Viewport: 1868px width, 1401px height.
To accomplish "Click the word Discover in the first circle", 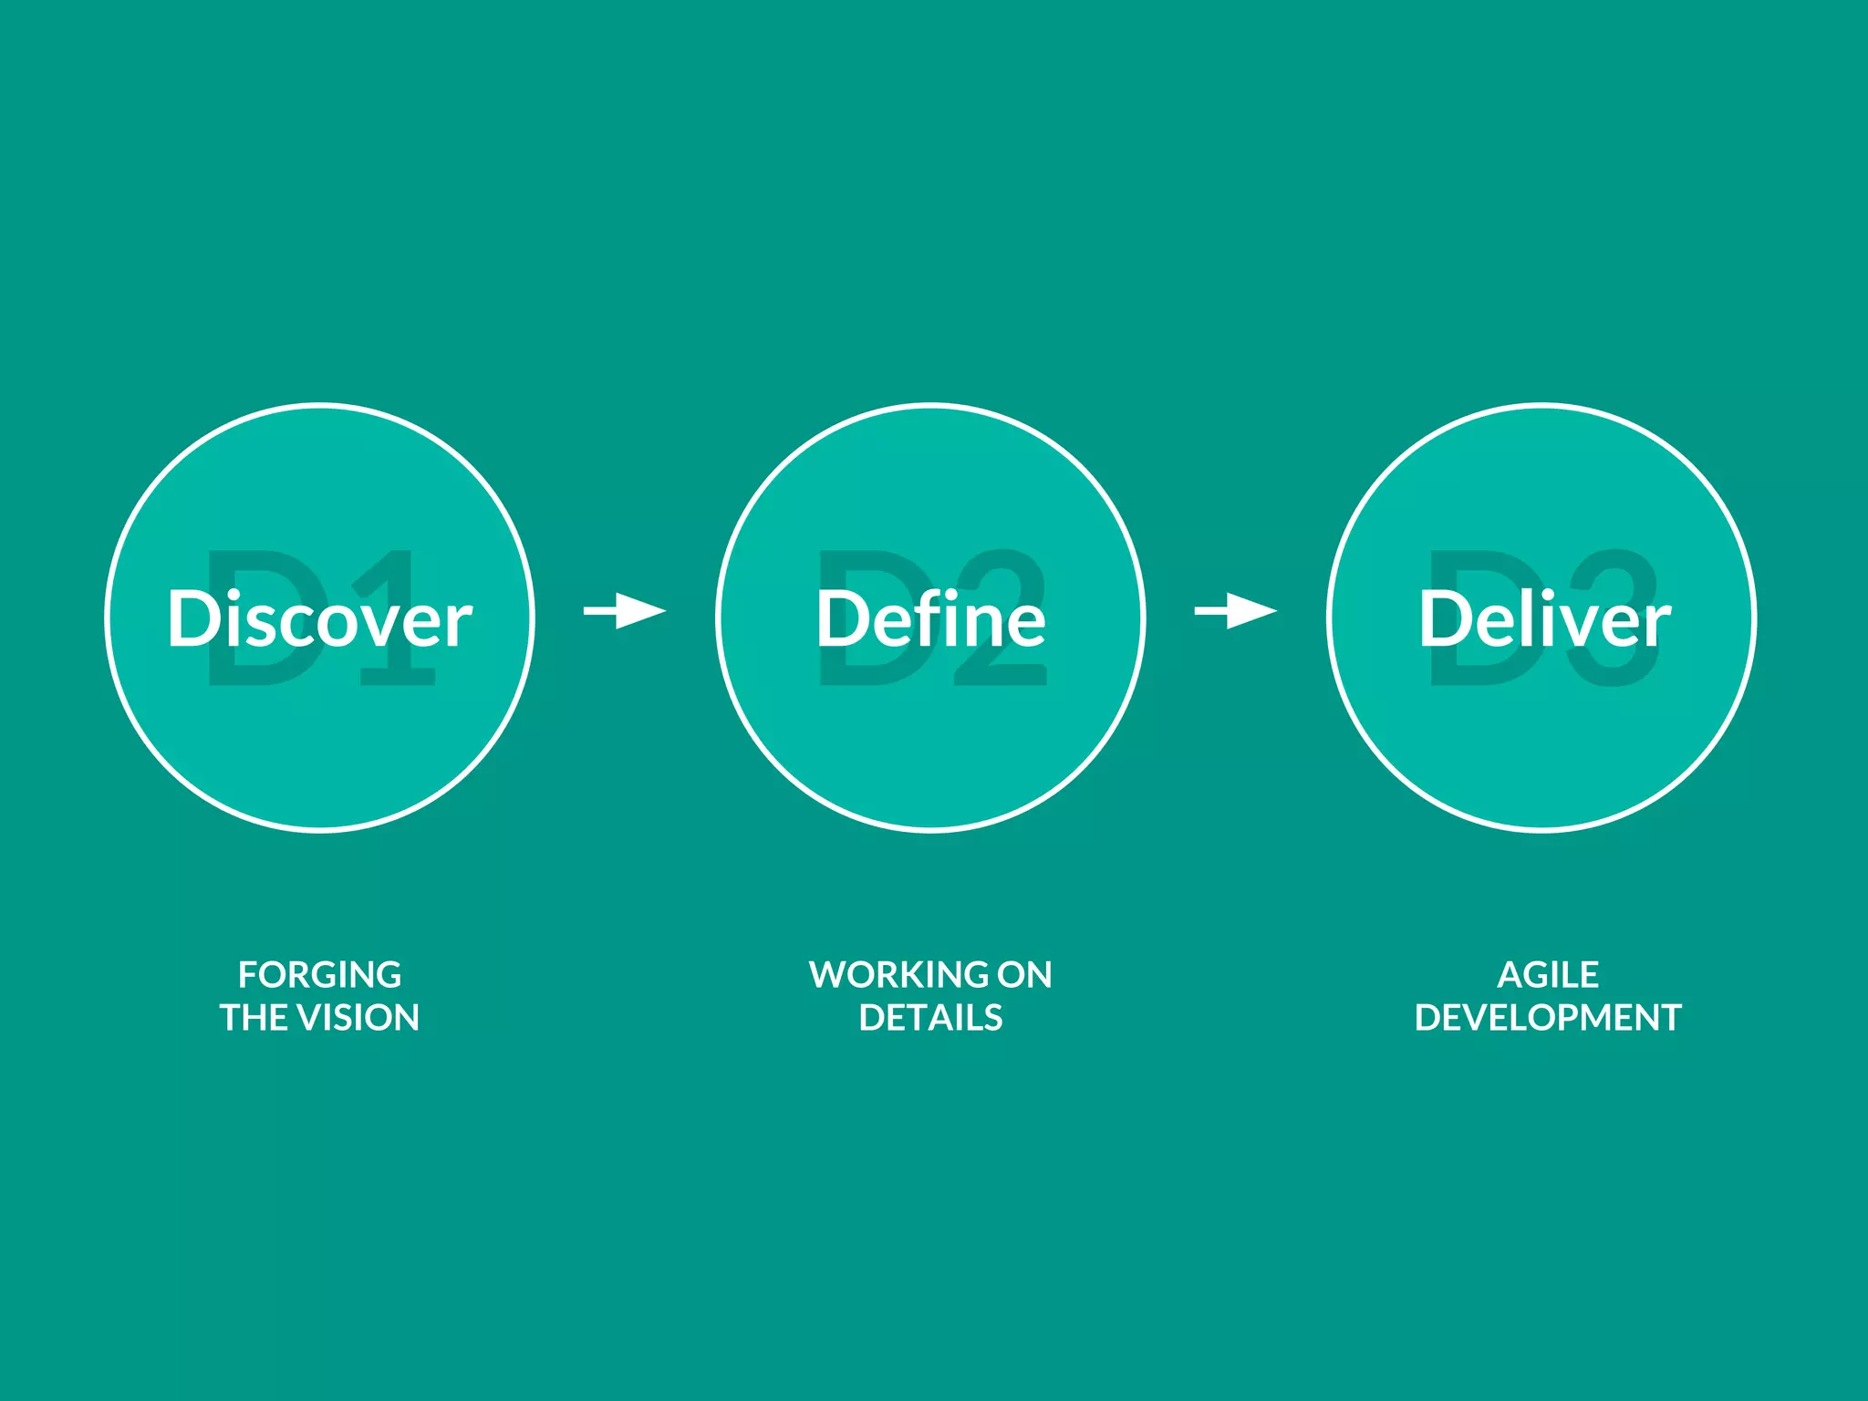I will [x=319, y=619].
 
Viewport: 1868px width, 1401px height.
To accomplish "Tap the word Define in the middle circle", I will [x=930, y=619].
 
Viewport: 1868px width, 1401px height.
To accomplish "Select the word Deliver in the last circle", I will [x=1543, y=619].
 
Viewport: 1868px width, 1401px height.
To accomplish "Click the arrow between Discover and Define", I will [x=626, y=610].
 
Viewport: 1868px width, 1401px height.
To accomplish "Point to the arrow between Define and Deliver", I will [x=1236, y=610].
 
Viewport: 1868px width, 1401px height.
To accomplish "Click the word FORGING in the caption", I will [x=319, y=975].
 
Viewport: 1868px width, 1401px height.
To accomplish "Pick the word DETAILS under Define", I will [x=930, y=1018].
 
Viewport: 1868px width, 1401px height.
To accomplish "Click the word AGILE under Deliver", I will [x=1548, y=975].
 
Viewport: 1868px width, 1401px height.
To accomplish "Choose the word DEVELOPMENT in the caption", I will [x=1548, y=1018].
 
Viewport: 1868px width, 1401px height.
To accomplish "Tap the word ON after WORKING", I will [x=1023, y=975].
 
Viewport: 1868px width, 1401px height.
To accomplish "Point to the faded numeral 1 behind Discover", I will [x=401, y=670].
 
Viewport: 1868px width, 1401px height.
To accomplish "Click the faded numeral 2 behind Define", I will [x=1003, y=670].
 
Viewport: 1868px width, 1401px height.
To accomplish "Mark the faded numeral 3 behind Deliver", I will [x=1619, y=670].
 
